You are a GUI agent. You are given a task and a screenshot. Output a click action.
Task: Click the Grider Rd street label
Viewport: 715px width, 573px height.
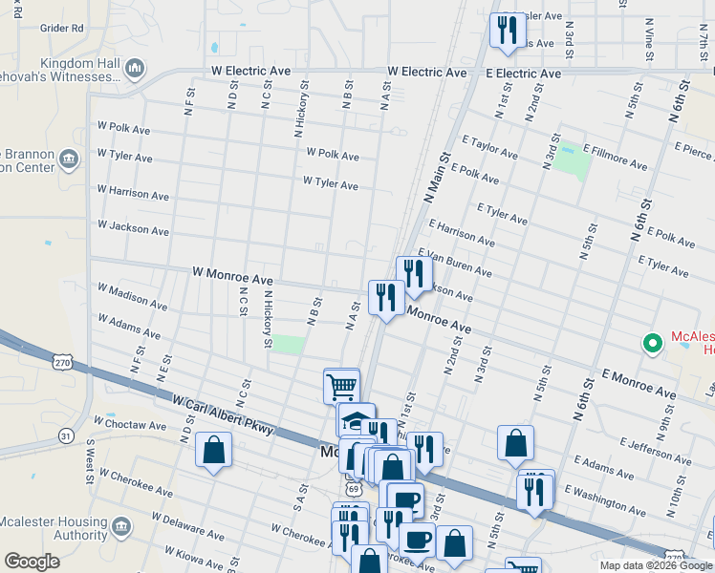coord(62,29)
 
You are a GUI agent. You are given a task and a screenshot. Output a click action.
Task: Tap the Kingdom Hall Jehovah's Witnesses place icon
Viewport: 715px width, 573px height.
coord(135,68)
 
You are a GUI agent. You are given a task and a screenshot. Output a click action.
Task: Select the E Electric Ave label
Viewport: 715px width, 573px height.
coord(523,73)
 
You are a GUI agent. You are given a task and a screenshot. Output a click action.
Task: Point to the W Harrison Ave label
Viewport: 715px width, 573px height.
coord(133,195)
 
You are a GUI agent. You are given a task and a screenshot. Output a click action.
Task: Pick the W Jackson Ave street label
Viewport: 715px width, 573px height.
coord(133,228)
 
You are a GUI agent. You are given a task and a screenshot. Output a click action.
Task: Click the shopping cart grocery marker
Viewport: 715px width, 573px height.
coord(341,386)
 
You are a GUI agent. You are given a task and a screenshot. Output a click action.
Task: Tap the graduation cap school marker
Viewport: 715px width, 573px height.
coord(355,419)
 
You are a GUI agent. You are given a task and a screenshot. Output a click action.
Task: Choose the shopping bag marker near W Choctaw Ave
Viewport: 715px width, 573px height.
coord(213,449)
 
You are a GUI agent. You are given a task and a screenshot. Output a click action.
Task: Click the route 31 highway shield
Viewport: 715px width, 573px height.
coord(65,435)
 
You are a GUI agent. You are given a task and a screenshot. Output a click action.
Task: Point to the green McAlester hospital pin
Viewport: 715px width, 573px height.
coord(654,342)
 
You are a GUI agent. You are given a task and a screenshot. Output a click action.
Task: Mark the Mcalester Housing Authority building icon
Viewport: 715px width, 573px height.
coord(121,526)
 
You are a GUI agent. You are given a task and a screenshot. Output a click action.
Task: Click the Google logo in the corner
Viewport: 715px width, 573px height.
coord(32,561)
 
